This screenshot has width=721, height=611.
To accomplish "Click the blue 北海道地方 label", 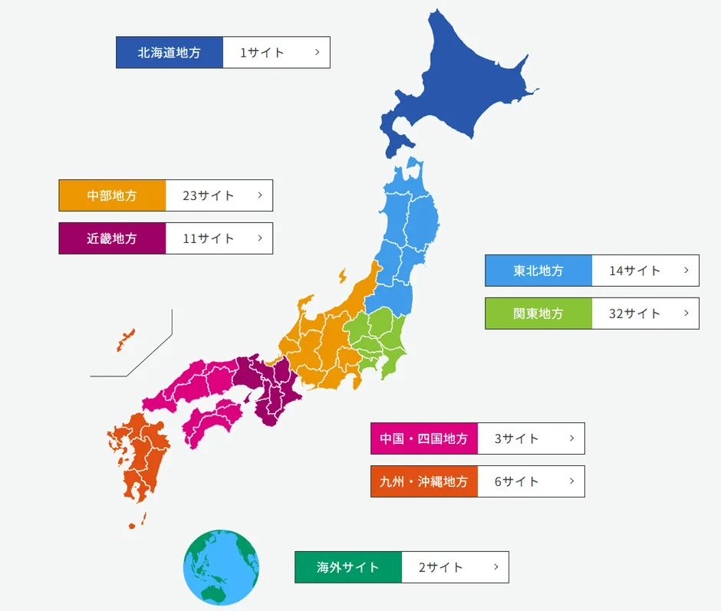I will coord(170,53).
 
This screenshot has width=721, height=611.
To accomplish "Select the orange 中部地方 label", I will coord(112,195).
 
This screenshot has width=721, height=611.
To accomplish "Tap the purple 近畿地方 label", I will coord(112,238).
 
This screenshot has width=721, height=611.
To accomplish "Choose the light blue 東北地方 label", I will coord(538,271).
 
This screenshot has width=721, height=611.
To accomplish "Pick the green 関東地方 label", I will coord(538,314).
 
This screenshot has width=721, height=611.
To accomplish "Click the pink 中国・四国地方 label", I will coord(424,439).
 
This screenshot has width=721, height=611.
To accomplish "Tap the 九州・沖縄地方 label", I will coord(424,481).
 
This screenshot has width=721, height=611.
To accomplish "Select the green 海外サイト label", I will coord(348,567).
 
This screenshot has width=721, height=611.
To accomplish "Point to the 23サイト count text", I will coord(209,195).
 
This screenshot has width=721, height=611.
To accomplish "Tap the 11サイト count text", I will coord(209,238).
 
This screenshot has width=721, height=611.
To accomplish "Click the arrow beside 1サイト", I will coord(317,53).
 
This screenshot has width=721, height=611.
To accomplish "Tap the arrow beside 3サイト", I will coord(571,439).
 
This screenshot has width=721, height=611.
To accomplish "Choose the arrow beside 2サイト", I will coord(495,567).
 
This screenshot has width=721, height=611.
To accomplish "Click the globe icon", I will coord(221,568).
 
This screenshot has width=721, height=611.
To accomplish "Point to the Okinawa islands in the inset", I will coord(126,339).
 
